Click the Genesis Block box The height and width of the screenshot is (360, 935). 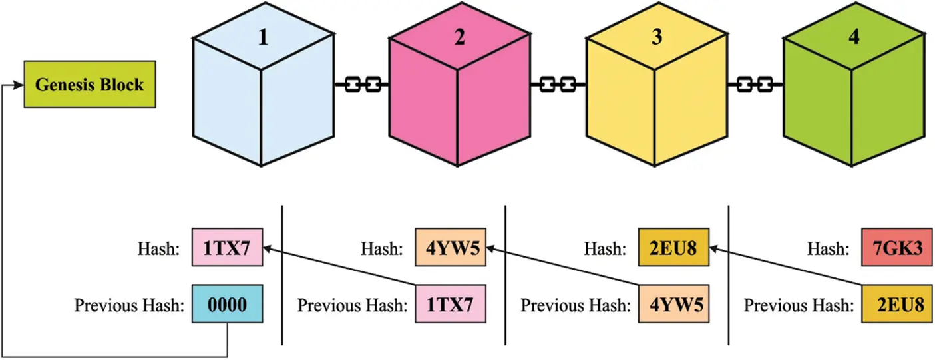pos(90,85)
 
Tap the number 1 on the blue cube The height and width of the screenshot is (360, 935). pos(263,37)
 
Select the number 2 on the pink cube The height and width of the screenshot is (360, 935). pos(460,37)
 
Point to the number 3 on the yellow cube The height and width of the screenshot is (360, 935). pos(657,37)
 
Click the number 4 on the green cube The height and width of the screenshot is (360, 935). pos(854,37)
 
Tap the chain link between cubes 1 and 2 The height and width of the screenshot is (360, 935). pos(362,85)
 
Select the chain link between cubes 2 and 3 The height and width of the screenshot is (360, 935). pos(558,85)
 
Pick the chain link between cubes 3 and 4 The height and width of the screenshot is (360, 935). pos(755,85)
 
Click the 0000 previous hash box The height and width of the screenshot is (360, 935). pos(228,303)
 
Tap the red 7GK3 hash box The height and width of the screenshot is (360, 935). pos(897,247)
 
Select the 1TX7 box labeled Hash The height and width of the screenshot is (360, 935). pos(228,247)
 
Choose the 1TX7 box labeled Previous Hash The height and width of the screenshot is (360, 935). pos(451,303)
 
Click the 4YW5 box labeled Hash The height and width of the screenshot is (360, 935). pos(451,247)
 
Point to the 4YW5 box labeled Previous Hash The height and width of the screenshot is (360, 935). pos(673,303)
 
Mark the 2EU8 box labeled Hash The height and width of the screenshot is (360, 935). pos(673,247)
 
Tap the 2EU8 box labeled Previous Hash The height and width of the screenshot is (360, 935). pos(897,303)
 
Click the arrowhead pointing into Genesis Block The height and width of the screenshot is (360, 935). pos(19,85)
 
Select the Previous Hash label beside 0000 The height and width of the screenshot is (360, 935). pos(129,305)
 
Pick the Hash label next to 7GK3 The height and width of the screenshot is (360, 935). pos(828,248)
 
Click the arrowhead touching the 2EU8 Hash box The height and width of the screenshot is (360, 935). pos(715,249)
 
